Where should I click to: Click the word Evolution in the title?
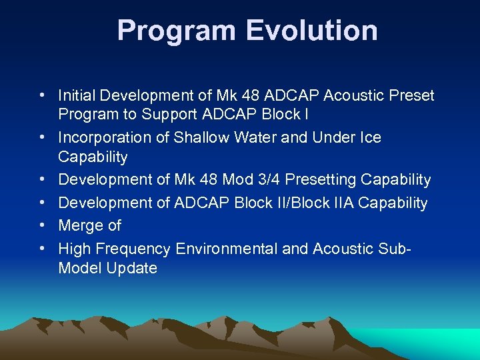313,31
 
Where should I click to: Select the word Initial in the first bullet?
75,95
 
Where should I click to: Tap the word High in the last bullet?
74,249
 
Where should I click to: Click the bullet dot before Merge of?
42,226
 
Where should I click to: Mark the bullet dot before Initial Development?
42,95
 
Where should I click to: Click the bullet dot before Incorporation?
42,137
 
